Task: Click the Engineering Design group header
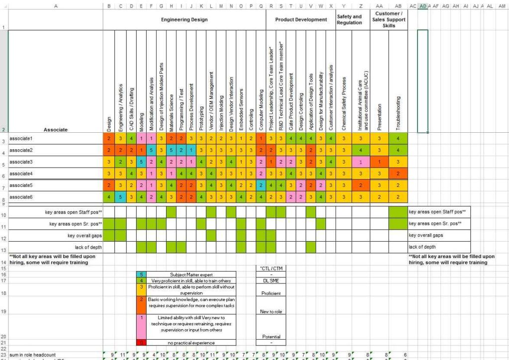pyautogui.click(x=184, y=20)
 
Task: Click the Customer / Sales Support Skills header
pyautogui.click(x=389, y=19)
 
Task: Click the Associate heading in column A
pyautogui.click(x=55, y=130)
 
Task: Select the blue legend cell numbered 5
pyautogui.click(x=142, y=274)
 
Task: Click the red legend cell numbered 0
pyautogui.click(x=142, y=343)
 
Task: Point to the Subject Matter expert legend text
pyautogui.click(x=193, y=274)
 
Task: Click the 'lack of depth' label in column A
pyautogui.click(x=88, y=247)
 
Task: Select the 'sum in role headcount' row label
pyautogui.click(x=30, y=354)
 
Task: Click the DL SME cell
pyautogui.click(x=271, y=280)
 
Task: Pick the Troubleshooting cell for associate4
pyautogui.click(x=398, y=174)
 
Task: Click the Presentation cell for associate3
pyautogui.click(x=379, y=162)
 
